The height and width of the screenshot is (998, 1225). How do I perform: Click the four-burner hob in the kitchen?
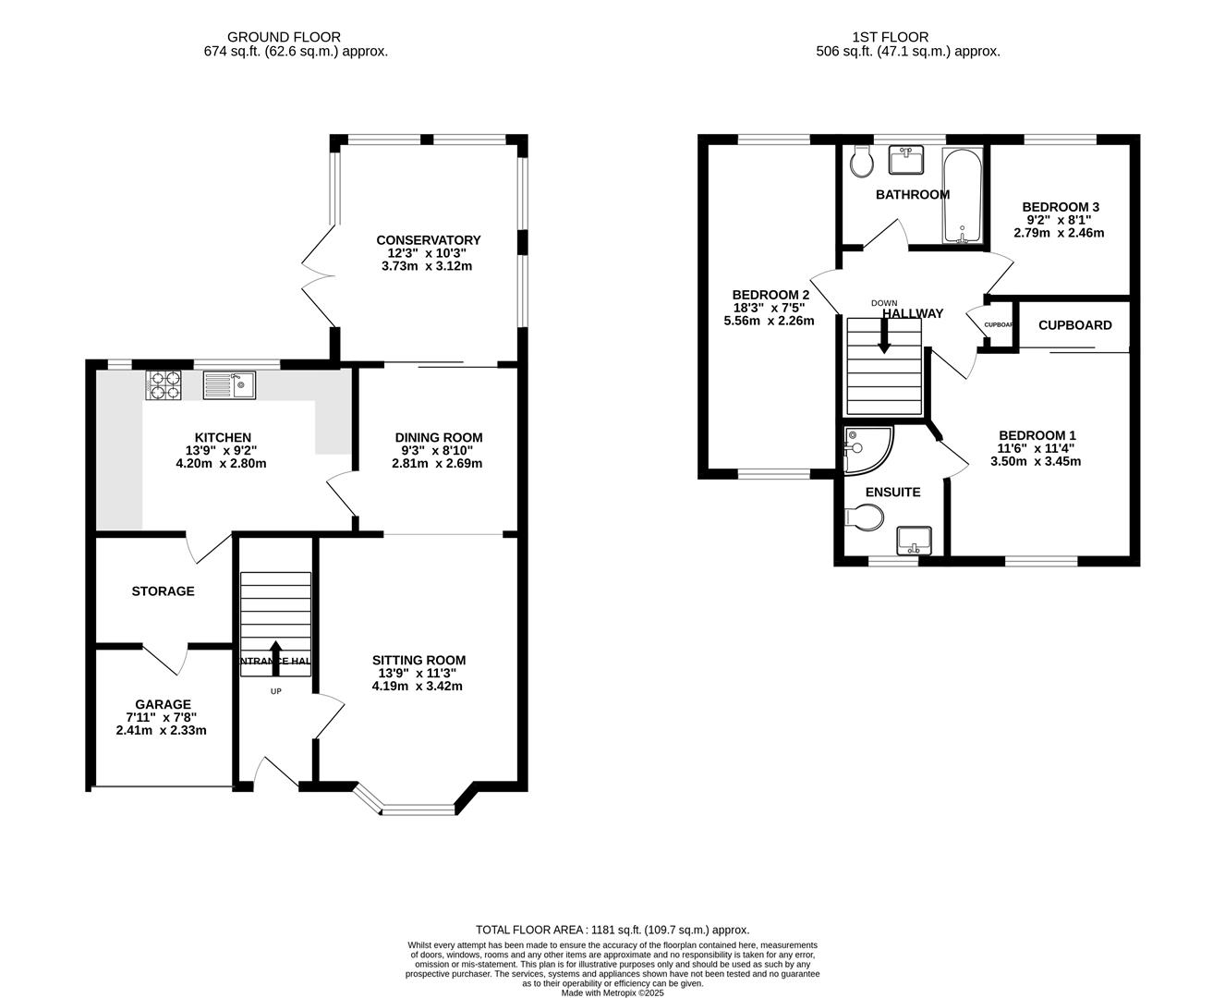point(164,384)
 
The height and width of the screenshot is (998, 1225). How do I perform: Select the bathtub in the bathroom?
point(962,197)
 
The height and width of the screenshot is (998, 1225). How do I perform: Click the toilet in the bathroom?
point(862,162)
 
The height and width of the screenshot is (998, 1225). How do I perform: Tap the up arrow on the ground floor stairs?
point(275,657)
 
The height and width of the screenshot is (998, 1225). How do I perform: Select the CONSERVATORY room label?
point(428,240)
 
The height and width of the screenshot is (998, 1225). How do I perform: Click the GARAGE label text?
point(163,704)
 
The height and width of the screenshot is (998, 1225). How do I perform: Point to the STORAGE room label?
point(163,591)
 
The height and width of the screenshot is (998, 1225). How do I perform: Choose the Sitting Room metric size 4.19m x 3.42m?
point(418,687)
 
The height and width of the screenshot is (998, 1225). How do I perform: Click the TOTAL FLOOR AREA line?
point(612,930)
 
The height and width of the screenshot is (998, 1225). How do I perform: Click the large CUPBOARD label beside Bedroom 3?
point(1074,325)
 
